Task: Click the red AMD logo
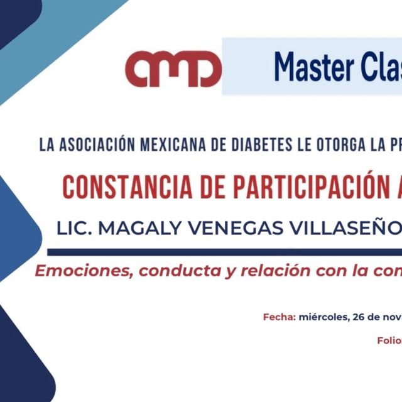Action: pos(173,68)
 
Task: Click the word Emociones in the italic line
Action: pos(83,271)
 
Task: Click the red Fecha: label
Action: pos(279,317)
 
